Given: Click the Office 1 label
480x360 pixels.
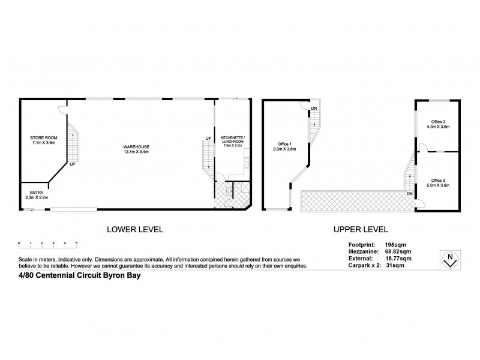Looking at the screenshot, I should coord(285,143).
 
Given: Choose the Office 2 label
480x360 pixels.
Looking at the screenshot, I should coord(436,122).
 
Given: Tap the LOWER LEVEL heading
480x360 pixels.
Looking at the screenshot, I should coord(135,229).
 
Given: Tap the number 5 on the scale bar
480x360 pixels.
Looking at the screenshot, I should coord(76,243).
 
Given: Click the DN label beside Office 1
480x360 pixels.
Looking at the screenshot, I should coord(314,108).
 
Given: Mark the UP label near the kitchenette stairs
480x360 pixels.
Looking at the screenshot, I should coord(208,139).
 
